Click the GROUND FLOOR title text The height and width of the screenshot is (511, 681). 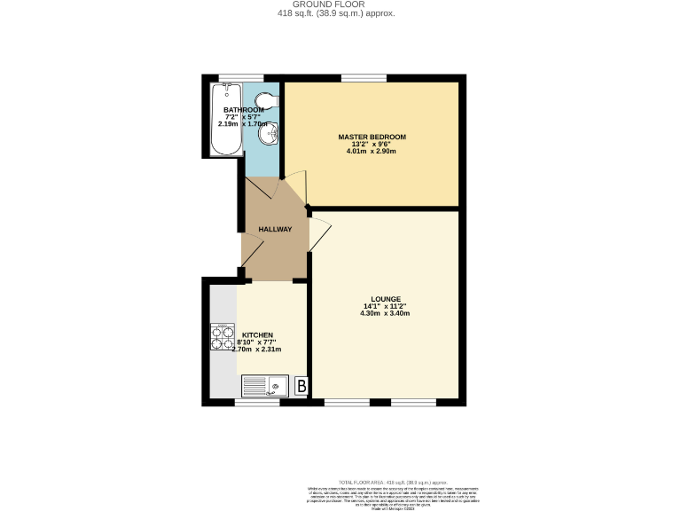tap(342, 4)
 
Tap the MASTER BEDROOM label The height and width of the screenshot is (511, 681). tap(372, 137)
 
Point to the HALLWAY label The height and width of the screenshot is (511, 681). tap(275, 230)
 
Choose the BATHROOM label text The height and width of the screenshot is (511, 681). tap(243, 110)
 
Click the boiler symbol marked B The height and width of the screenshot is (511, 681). tap(301, 386)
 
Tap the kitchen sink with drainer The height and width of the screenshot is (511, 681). tap(267, 386)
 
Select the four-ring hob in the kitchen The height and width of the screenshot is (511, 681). tap(220, 338)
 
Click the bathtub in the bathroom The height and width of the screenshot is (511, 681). tap(225, 120)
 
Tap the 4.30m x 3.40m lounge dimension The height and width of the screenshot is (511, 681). tap(385, 313)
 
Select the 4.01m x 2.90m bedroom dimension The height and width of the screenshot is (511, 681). tap(372, 151)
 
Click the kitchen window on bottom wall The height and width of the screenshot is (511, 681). tap(258, 403)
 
